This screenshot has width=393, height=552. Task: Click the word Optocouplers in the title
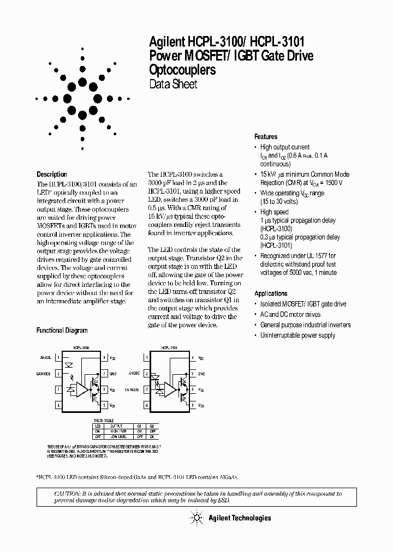(182, 70)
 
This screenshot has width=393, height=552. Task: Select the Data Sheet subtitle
(173, 85)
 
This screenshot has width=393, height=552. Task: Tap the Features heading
(266, 137)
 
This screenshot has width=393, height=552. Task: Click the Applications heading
(271, 293)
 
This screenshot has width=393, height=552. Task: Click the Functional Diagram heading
(62, 331)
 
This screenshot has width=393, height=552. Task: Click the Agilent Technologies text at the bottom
(241, 518)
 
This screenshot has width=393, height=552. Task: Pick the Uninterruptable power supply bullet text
(297, 335)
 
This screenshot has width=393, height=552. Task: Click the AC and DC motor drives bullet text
(290, 315)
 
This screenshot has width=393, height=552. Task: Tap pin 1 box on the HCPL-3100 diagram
(58, 358)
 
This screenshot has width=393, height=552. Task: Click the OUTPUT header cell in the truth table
(117, 426)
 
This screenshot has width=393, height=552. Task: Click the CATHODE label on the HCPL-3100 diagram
(44, 374)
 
